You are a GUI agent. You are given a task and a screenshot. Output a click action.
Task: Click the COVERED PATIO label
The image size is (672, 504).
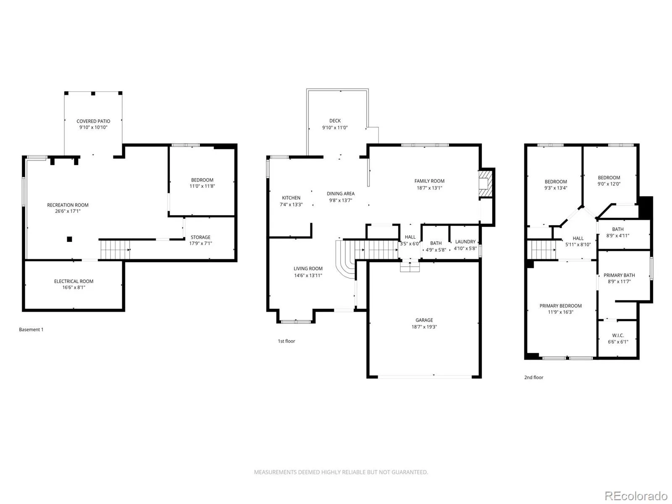tap(93, 121)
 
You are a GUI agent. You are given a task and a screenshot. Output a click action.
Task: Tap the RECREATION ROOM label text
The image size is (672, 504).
tap(68, 205)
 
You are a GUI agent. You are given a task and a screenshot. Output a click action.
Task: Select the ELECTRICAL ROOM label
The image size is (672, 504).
tap(73, 281)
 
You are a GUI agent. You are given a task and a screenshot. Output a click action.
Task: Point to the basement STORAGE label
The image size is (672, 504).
tap(200, 237)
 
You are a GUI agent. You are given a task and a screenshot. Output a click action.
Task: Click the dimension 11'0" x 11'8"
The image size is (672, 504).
tap(202, 186)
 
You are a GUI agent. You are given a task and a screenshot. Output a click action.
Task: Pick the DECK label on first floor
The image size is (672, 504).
tap(335, 121)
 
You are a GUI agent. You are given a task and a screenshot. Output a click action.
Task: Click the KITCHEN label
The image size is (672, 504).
tap(291, 198)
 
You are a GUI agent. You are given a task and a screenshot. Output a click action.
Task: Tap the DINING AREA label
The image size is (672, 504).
tap(341, 194)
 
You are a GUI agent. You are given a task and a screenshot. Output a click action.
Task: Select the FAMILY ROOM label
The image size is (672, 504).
tap(429, 181)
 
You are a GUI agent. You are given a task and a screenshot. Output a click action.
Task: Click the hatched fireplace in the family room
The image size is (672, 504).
tap(486, 184)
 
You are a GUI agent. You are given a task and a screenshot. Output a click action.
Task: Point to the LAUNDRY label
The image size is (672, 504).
tap(465, 242)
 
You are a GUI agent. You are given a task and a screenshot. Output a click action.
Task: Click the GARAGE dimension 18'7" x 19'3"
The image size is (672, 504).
tap(424, 327)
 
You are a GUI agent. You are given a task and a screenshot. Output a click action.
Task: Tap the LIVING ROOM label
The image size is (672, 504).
tap(308, 269)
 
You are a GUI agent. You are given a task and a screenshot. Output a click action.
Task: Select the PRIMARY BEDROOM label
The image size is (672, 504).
tap(560, 306)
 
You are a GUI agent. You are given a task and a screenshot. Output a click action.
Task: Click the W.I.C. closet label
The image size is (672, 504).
tap(618, 336)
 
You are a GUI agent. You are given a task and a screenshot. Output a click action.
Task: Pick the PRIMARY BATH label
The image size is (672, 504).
tap(619, 276)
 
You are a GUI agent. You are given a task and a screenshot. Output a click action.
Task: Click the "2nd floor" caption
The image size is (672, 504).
tap(534, 377)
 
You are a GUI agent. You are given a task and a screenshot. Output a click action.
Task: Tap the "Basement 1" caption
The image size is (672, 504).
tap(31, 330)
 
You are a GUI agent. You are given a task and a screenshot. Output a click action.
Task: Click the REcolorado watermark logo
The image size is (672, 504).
tap(636, 496)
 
